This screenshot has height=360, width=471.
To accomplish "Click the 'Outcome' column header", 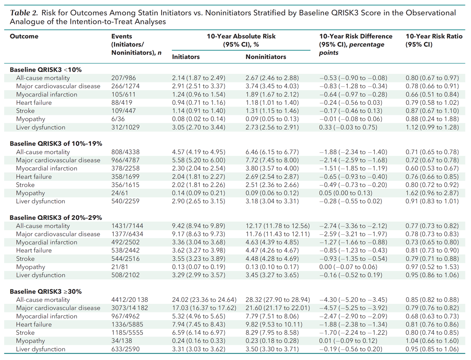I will tap(24, 36).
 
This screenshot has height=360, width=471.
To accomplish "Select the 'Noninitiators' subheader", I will tap(265, 57).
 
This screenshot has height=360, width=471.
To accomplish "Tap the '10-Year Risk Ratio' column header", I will tap(434, 36).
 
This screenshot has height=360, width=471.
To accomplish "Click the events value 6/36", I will tap(118, 119).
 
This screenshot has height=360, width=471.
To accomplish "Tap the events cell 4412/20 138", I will tap(130, 300).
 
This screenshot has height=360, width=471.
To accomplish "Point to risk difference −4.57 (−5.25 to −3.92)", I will tap(353, 308).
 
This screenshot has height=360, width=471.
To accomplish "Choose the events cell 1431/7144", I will tap(126, 226).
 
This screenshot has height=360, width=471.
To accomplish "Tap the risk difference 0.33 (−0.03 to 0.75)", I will tap(349, 127).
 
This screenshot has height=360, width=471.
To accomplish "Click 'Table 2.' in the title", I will tap(22, 13).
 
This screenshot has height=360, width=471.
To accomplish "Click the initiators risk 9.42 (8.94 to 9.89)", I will tap(199, 226).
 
